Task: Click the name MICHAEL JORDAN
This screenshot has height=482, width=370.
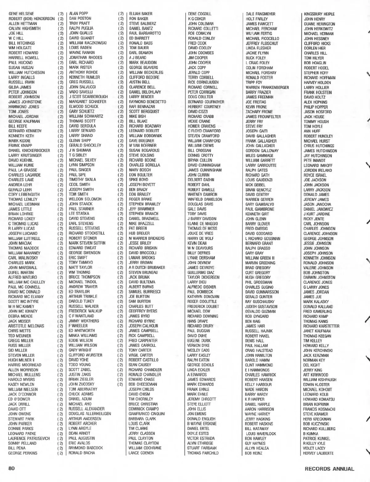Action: (23, 117)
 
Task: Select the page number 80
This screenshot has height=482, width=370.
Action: (12, 468)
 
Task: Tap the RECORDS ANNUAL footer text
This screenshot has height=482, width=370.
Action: (329, 469)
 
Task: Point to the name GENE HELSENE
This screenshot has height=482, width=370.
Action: (21, 14)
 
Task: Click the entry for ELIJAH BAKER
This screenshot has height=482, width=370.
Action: (141, 14)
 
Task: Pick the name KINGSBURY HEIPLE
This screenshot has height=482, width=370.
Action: (319, 14)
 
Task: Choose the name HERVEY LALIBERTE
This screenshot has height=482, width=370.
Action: (319, 453)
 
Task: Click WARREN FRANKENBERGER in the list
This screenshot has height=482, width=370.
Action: (267, 87)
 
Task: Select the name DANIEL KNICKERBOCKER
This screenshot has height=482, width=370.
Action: (29, 151)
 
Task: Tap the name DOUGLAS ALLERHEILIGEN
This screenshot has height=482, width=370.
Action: (90, 413)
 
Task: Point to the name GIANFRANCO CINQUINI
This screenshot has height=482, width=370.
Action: (147, 414)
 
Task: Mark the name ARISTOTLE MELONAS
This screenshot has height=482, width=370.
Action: (26, 326)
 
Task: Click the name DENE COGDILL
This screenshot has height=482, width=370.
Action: (200, 14)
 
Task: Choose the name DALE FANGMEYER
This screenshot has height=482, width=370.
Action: (261, 14)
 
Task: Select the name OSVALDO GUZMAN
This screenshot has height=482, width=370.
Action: (260, 311)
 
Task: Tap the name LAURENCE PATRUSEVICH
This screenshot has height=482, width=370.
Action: (29, 438)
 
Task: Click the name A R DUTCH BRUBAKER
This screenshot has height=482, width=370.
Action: (147, 268)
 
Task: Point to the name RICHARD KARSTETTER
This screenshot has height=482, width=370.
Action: (321, 326)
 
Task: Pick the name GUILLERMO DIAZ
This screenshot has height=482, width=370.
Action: (201, 272)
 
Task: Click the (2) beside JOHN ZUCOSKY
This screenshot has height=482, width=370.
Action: (121, 384)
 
